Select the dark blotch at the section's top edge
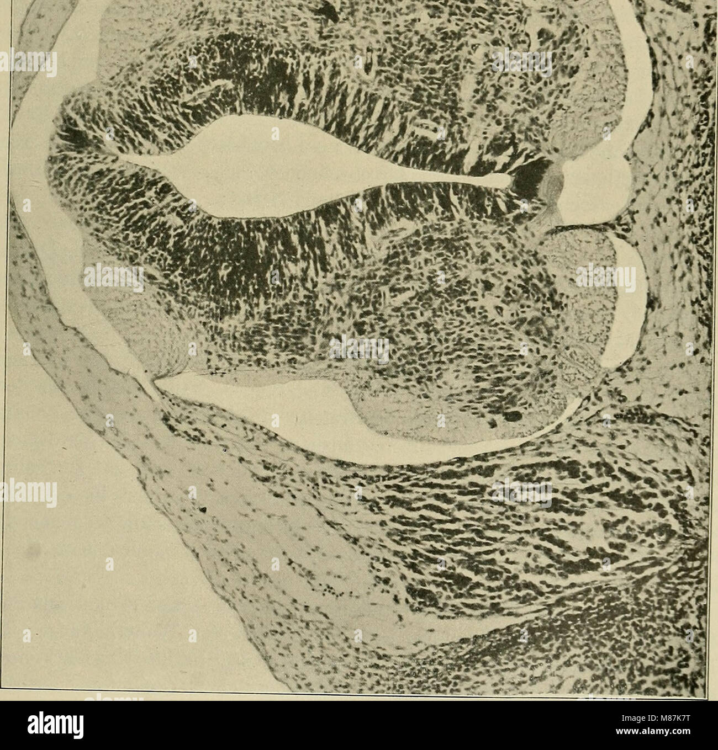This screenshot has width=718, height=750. pos(332,11)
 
